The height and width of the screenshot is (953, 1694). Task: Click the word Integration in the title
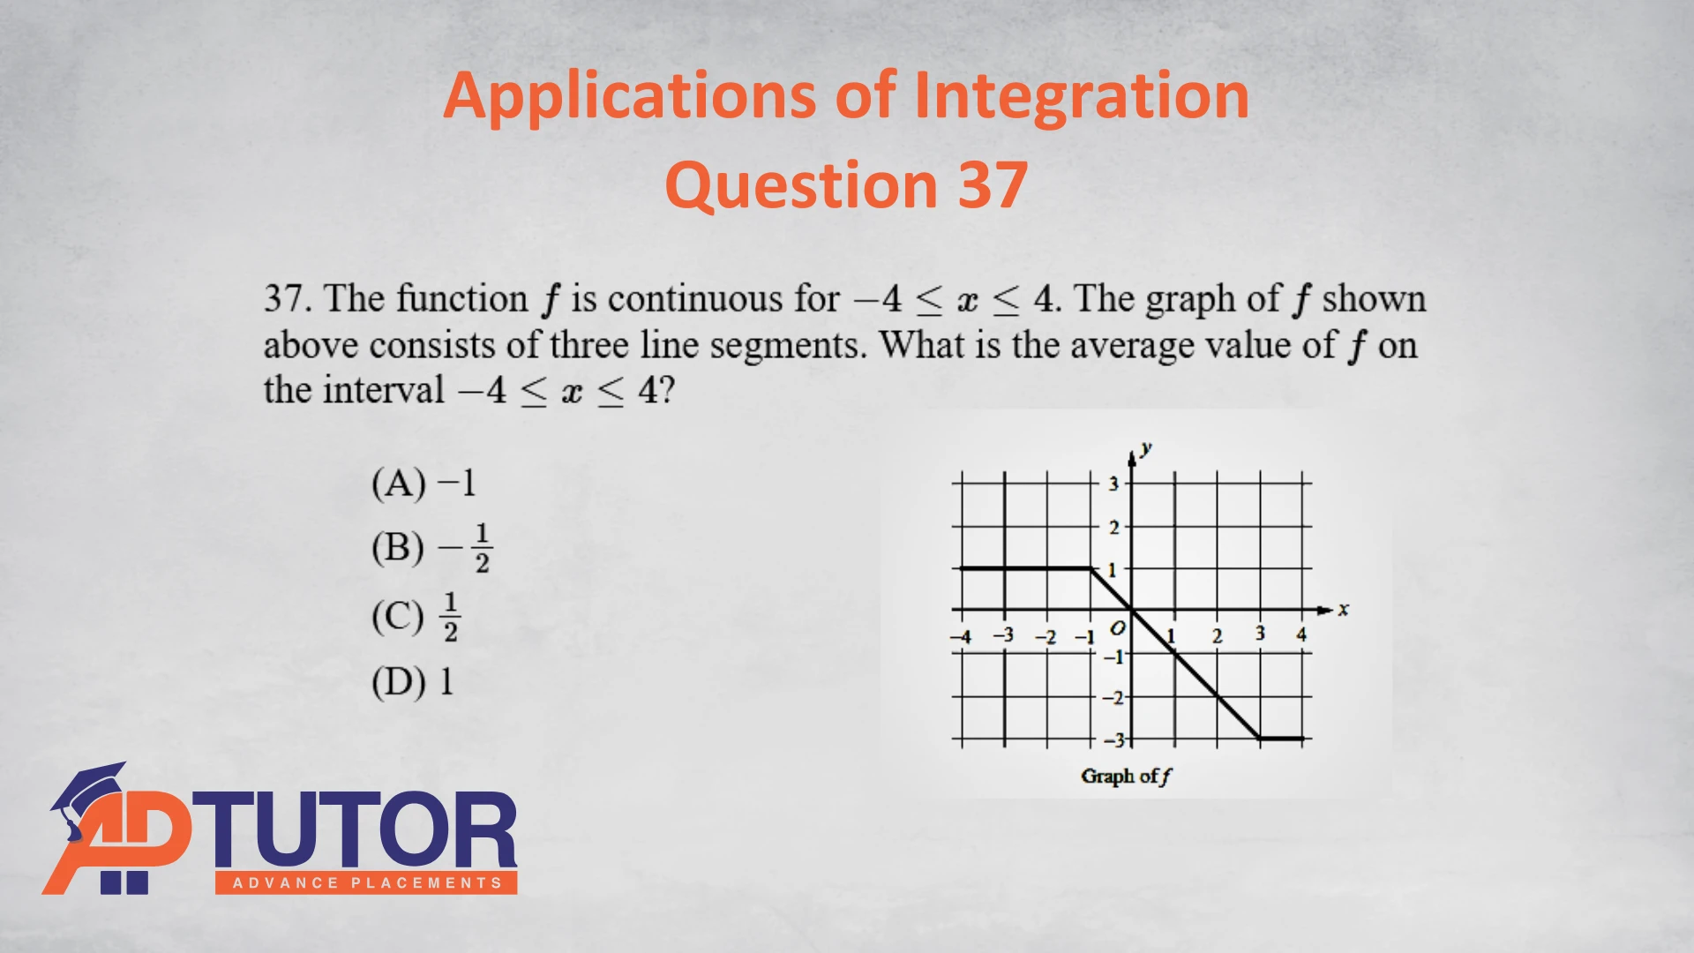click(1081, 97)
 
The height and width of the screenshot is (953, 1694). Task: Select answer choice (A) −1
click(423, 484)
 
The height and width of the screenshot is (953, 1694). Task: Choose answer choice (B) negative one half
click(431, 548)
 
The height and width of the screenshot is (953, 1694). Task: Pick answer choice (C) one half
click(416, 617)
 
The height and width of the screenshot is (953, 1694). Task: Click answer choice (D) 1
click(413, 682)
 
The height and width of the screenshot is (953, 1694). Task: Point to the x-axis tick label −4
click(961, 636)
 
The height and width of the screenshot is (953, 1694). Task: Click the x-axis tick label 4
click(1301, 634)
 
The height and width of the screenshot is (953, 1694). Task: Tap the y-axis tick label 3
click(1113, 484)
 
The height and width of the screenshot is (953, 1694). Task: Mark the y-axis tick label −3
click(1115, 739)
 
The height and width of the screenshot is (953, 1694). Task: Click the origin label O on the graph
click(1118, 628)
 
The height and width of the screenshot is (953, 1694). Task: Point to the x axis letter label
click(1344, 609)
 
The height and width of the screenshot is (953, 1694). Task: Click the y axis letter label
click(1146, 449)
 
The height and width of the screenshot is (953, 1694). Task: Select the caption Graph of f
click(1127, 777)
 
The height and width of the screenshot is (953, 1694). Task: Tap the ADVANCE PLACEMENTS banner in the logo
click(366, 882)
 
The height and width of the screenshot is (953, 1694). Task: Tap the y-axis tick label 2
click(1113, 528)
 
